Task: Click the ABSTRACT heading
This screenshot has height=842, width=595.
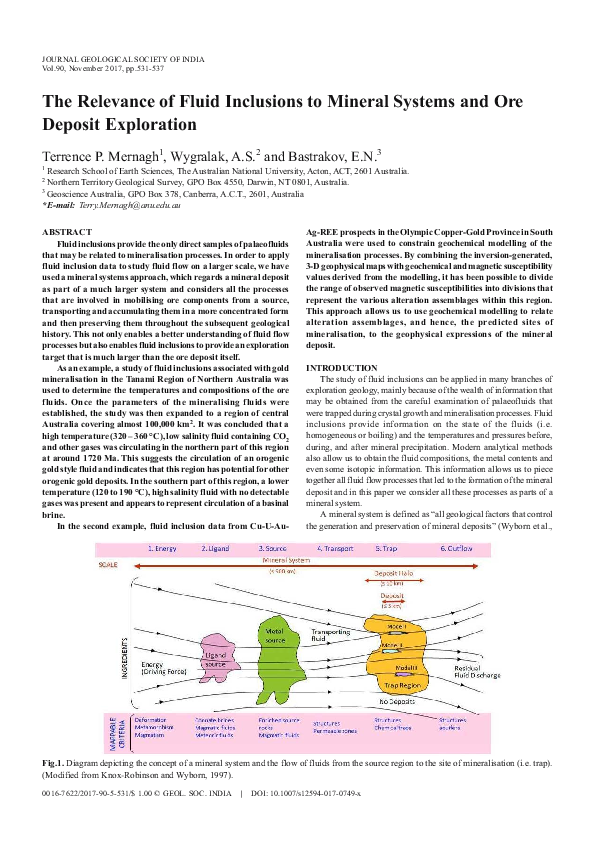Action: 67,232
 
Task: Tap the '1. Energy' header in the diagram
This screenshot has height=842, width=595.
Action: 163,548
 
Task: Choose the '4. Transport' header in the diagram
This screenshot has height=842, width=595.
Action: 334,548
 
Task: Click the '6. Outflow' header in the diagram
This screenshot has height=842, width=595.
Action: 456,548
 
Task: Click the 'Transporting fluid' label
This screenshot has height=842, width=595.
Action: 330,633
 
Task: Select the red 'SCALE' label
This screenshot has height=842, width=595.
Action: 108,564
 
